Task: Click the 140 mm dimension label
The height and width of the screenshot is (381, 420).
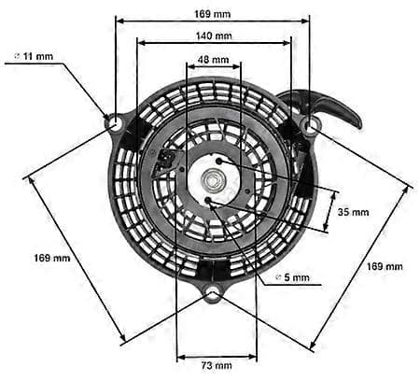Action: pos(214,35)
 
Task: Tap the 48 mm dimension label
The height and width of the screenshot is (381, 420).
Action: pos(214,59)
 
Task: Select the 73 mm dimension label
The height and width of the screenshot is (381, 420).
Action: pos(217,365)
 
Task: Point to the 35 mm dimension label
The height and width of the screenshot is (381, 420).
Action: pos(354,212)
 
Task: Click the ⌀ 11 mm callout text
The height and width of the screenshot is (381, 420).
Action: pos(35,56)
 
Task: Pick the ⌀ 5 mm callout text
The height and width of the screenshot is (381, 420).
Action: pos(293,277)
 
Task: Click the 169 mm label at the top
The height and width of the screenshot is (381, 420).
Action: pos(213,14)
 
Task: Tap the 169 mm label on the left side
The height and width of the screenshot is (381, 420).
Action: pos(52,258)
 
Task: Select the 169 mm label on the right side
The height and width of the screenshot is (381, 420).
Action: pos(385,266)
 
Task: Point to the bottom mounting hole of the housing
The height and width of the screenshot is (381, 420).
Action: pos(213,294)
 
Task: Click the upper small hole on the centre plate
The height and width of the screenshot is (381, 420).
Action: pos(218,161)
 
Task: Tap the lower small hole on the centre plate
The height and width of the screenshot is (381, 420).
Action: pos(208,201)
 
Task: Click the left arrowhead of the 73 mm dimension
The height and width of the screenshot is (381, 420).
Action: pos(181,357)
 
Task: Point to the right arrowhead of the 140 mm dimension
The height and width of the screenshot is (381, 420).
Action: pos(287,43)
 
